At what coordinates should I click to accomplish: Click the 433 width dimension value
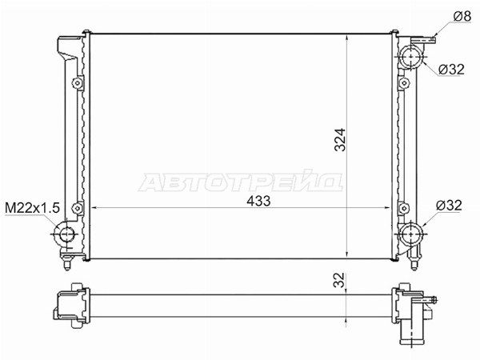click(258, 201)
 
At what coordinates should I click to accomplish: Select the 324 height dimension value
click(340, 139)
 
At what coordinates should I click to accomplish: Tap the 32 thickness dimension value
click(339, 280)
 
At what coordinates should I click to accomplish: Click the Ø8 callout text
click(462, 16)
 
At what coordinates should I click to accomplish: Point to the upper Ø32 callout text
click(451, 70)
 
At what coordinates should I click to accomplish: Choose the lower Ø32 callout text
click(449, 205)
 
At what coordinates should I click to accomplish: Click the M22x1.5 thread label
click(32, 208)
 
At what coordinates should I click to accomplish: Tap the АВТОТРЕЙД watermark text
click(240, 182)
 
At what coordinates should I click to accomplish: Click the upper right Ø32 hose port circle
click(410, 57)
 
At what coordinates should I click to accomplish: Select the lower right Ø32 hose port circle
click(410, 234)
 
